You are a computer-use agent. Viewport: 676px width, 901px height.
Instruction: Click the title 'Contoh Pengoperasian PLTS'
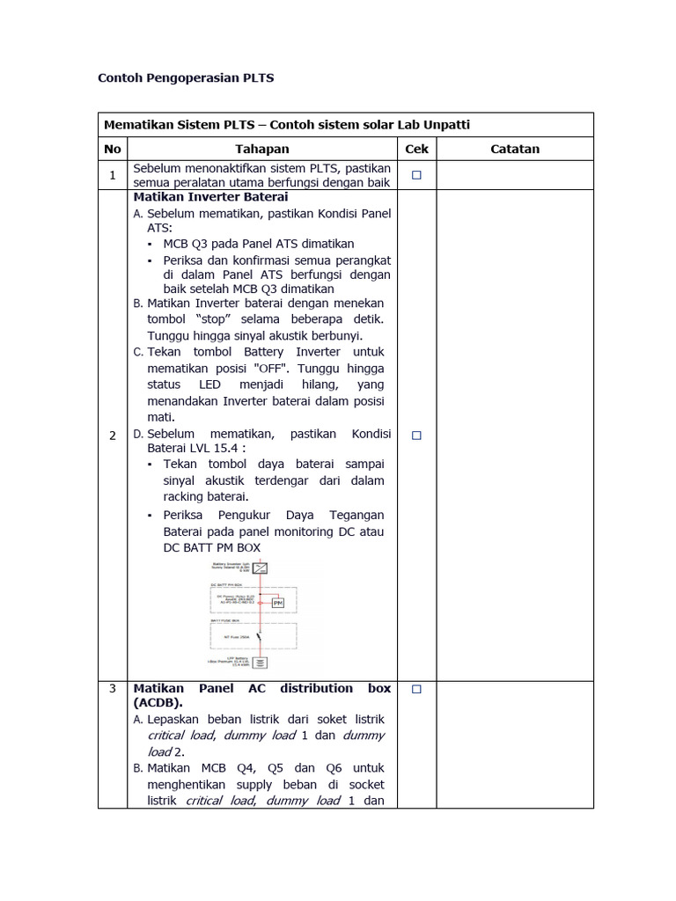[186, 78]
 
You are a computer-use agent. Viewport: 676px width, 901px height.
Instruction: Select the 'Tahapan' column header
[261, 150]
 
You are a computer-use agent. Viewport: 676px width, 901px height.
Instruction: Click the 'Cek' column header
[416, 150]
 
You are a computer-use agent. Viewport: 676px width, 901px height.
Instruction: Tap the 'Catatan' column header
[515, 150]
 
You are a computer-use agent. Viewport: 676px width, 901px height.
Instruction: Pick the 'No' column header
[113, 150]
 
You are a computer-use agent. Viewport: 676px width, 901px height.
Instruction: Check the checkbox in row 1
[416, 175]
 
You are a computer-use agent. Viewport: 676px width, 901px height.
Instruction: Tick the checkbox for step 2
[416, 435]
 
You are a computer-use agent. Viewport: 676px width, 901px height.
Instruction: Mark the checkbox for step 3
[416, 689]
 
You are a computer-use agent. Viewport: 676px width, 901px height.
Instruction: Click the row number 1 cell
[113, 175]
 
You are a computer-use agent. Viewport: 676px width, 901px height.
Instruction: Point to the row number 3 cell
[113, 689]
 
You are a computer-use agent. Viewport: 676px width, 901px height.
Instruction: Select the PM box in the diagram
[277, 603]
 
